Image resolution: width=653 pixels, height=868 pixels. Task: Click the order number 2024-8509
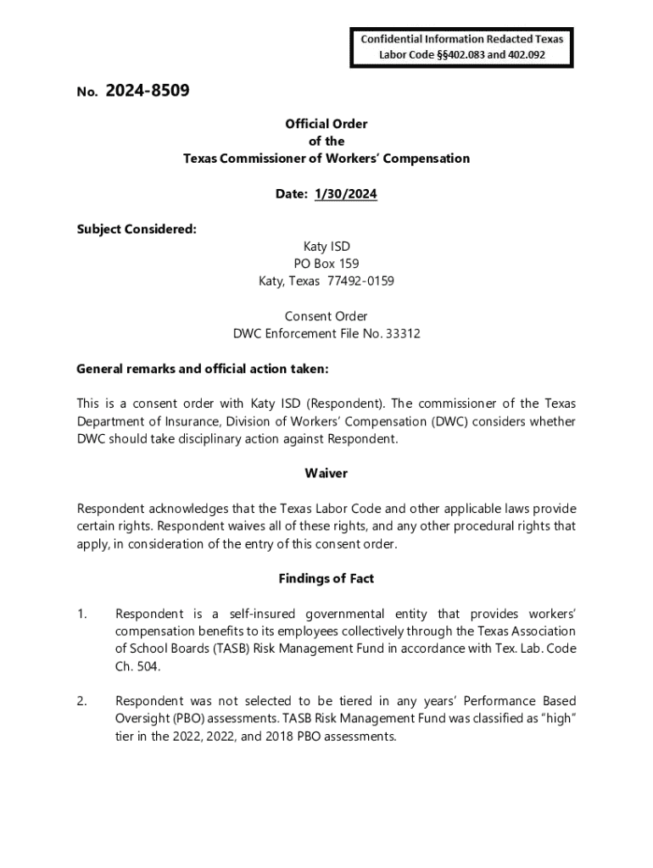tap(147, 91)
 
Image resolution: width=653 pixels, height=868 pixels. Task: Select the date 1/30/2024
tap(346, 194)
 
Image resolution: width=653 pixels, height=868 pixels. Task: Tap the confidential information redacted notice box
tap(462, 47)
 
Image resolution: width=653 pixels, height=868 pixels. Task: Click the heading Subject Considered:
tap(137, 230)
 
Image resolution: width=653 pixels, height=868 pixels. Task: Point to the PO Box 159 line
tap(326, 264)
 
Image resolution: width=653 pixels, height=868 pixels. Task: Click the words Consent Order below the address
tap(326, 316)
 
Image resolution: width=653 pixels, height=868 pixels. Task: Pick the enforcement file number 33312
tap(403, 334)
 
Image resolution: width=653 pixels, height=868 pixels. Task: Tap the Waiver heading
tap(326, 473)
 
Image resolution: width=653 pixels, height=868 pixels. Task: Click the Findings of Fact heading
tap(326, 578)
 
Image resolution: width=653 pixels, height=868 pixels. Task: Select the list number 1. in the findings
tap(82, 614)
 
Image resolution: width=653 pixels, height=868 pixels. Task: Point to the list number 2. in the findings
tap(82, 701)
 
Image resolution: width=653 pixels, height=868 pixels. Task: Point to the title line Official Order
tap(326, 124)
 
